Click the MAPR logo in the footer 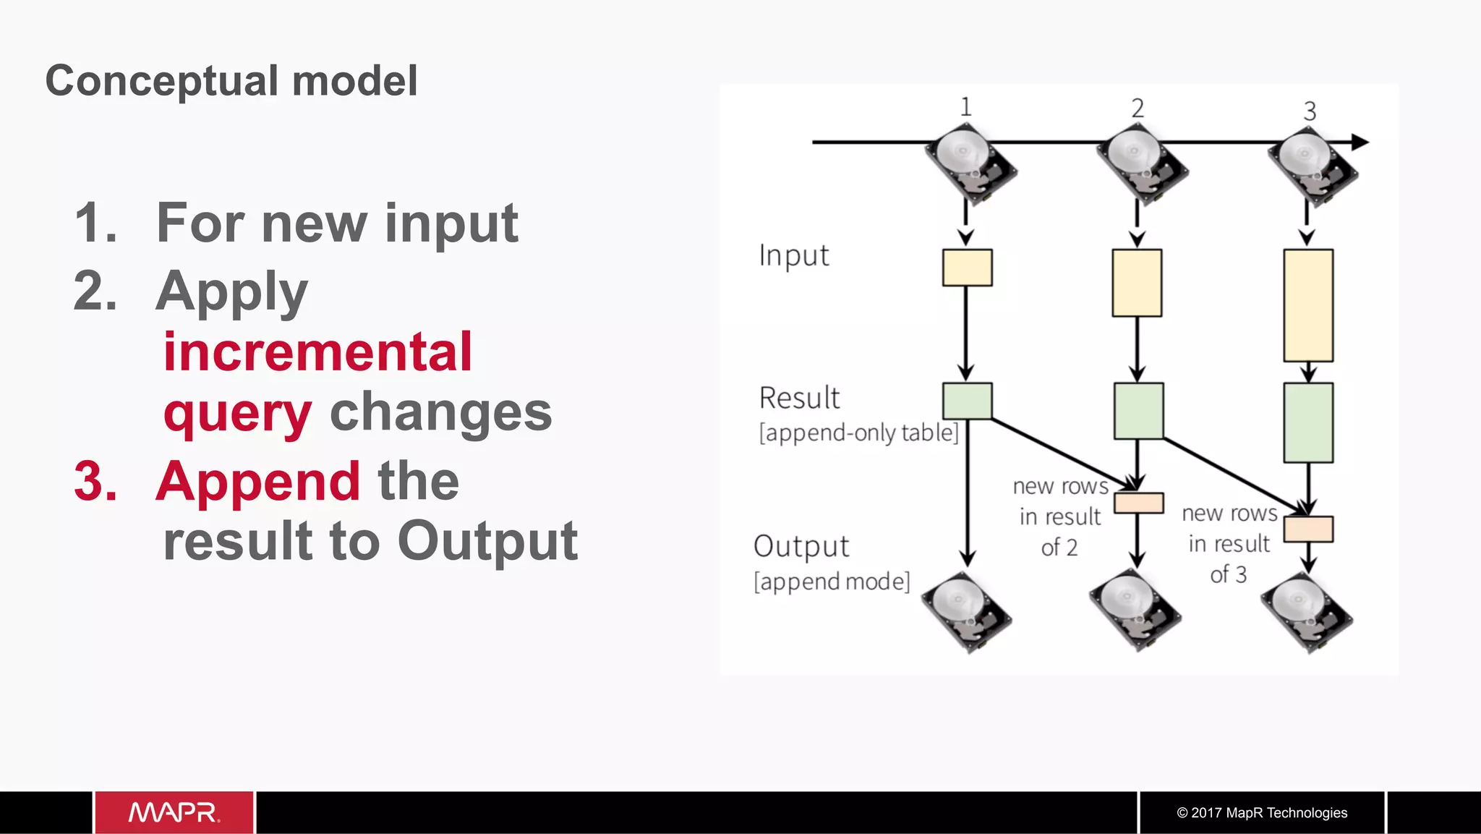point(174,812)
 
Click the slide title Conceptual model point(231,80)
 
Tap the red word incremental point(317,352)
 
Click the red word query point(237,413)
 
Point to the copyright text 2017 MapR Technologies point(1262,812)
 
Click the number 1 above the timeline point(965,107)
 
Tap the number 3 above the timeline point(1310,111)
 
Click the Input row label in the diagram point(793,256)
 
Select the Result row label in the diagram point(799,398)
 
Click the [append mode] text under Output point(832,582)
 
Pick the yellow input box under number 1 point(967,268)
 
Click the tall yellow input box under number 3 point(1308,305)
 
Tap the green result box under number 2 point(1138,411)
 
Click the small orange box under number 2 point(1138,503)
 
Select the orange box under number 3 point(1308,529)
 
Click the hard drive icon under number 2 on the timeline point(1142,165)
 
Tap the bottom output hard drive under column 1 point(966,612)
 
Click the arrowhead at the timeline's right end point(1360,142)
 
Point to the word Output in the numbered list point(487,540)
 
